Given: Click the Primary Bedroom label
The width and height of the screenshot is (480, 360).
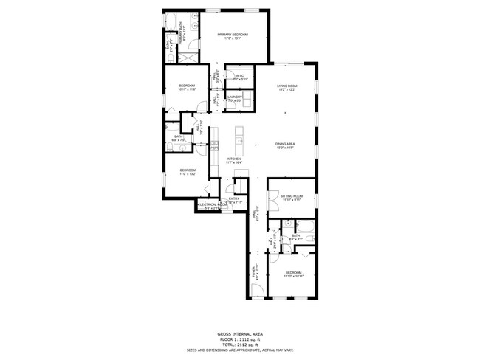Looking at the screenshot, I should pos(233,35).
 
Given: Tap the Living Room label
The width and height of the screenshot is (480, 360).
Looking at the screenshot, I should pos(287,86).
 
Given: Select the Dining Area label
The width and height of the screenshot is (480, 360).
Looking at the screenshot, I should pos(285,144).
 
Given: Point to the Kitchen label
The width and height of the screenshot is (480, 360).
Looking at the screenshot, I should pos(233,159).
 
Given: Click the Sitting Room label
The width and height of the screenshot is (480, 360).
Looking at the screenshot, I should pos(292,195).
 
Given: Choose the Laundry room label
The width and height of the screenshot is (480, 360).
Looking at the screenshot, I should pos(235,97).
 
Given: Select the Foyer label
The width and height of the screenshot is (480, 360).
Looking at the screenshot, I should pos(256,270).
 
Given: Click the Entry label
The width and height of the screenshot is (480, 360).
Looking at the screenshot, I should pos(233,198).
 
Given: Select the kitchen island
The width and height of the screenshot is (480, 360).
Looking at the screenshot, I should pos(239,137).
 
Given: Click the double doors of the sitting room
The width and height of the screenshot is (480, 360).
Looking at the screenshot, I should pos(269,196).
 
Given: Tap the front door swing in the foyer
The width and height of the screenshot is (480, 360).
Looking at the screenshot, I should pos(255,292).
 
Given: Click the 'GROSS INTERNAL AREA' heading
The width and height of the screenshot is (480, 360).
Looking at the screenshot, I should pos(239,333).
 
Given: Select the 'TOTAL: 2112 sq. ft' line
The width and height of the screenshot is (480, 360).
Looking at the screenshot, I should pos(239,344).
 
